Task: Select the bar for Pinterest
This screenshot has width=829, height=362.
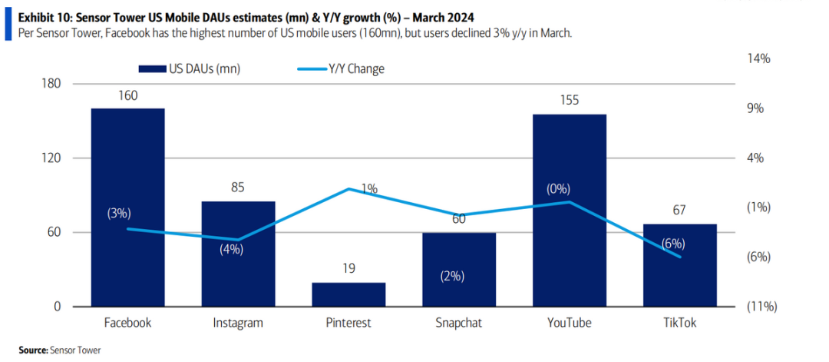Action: (348, 295)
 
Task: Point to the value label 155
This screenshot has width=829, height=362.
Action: (570, 100)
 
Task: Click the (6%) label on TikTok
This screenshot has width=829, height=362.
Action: (673, 244)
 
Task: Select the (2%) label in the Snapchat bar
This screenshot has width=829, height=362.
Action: (452, 277)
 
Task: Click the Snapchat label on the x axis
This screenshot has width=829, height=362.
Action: (459, 323)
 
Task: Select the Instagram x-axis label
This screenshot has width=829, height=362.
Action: (238, 323)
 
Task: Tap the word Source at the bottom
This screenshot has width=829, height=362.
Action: (33, 350)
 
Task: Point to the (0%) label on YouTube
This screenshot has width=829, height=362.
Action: (558, 189)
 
